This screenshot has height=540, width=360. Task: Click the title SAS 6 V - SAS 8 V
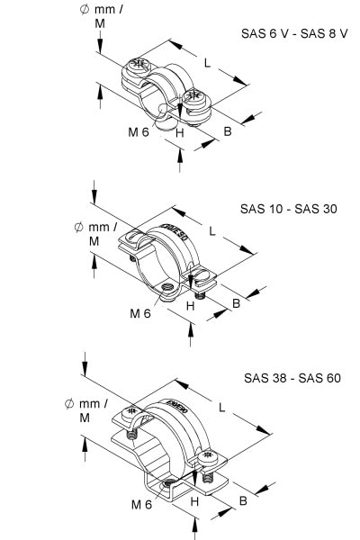coord(294,34)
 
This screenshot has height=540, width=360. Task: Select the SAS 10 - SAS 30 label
coord(288,209)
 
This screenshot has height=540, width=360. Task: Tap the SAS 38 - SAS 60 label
coord(292,378)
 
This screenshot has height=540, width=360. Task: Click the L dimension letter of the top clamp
coord(207,63)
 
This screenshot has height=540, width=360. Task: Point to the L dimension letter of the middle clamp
coord(212,231)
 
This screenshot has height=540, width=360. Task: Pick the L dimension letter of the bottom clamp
coord(222,408)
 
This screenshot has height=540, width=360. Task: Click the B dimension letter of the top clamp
coord(228,131)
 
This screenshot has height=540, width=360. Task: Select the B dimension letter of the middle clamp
coord(236,303)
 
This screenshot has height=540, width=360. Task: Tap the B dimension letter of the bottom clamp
coord(243,500)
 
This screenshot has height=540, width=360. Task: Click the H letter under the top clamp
coord(180,133)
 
